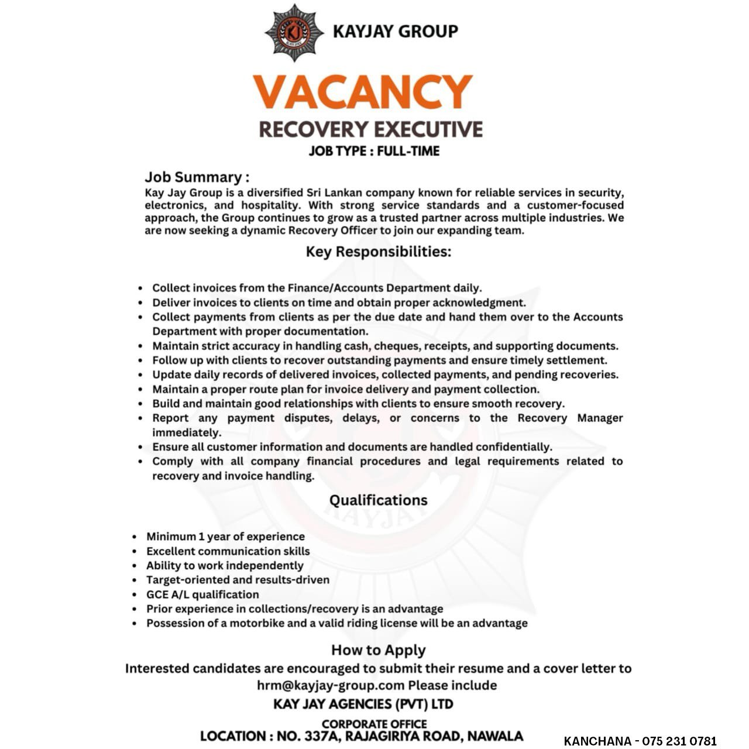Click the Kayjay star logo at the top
pos(294,33)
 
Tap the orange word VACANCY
pos(362,92)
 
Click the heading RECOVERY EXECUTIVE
pos(371,129)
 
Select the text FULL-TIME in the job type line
pos(408,151)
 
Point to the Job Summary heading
pos(197,177)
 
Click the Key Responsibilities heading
pos(379,252)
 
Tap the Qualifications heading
pos(378,500)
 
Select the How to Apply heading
pos(378,650)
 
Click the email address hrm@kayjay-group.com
pos(331,685)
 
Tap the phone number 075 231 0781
pos(679,741)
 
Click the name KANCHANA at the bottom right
pos(597,741)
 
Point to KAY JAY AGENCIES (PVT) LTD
pos(363,704)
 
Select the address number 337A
pos(320,736)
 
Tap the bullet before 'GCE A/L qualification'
pos(135,595)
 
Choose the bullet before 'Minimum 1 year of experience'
pos(135,537)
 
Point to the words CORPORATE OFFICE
pos(374,724)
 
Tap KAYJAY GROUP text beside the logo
pos(395,31)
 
